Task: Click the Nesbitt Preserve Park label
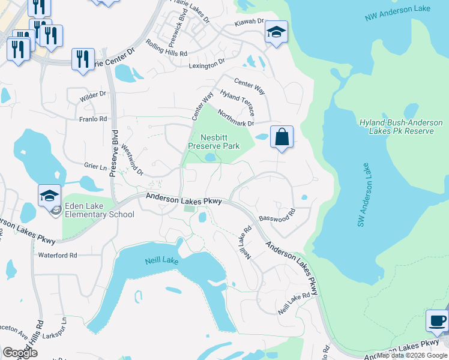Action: click(x=214, y=141)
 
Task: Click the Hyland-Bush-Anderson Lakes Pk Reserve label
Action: click(x=401, y=126)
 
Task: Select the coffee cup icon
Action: click(x=437, y=321)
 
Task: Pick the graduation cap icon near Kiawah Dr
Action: click(x=276, y=32)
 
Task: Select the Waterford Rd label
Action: click(x=58, y=255)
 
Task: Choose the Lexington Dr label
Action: click(x=206, y=64)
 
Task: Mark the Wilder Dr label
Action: click(x=94, y=94)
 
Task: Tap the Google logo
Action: click(x=20, y=353)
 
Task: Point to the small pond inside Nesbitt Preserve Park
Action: click(x=210, y=158)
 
